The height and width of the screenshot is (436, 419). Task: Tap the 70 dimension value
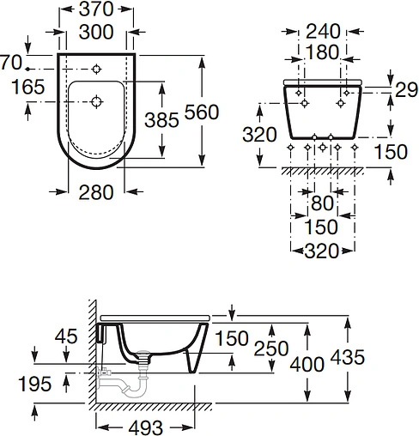pos(9,62)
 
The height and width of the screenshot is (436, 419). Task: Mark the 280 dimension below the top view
pos(94,192)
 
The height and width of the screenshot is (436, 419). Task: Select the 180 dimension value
pos(322,52)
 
